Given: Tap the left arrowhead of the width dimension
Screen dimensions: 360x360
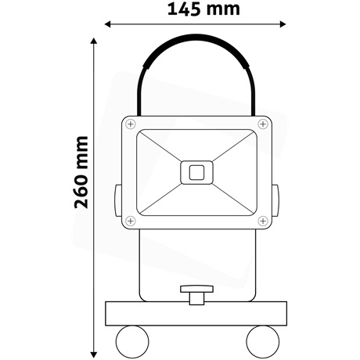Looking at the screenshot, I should [x=110, y=25].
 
